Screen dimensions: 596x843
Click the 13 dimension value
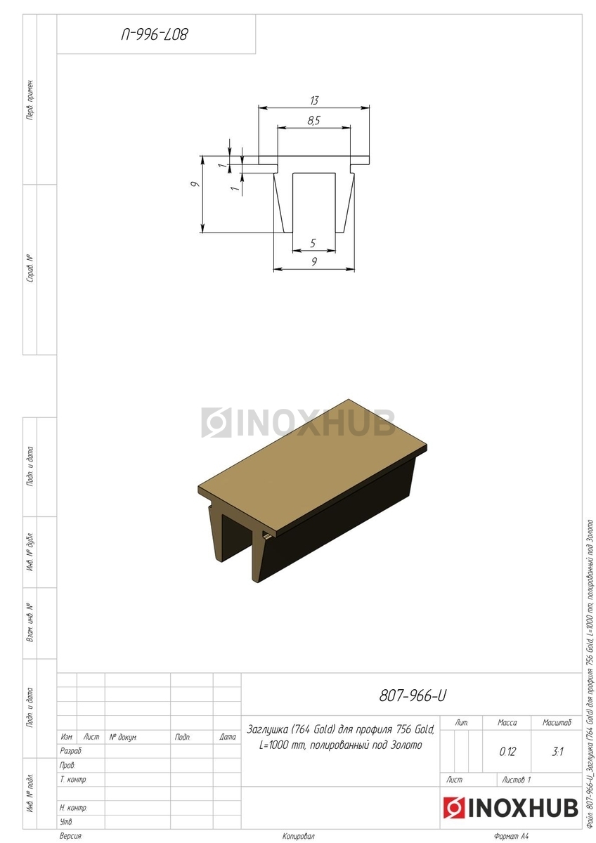click(x=314, y=100)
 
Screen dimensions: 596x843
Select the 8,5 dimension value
click(x=313, y=120)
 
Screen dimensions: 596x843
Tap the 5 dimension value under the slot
click(x=313, y=243)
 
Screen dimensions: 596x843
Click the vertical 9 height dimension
click(x=194, y=184)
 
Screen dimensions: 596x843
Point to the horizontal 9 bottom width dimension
click(x=314, y=261)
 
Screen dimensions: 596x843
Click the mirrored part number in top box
click(x=154, y=34)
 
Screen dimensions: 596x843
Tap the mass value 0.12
click(x=507, y=752)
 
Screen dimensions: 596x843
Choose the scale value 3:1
click(x=557, y=752)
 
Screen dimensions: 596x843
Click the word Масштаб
click(x=557, y=723)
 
